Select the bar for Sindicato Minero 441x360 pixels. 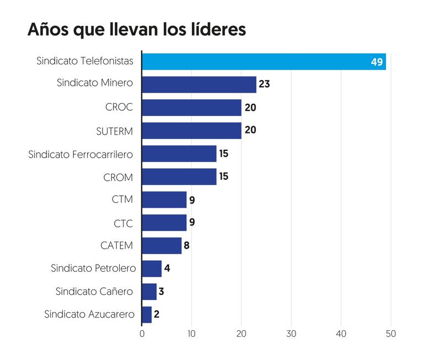pyautogui.click(x=199, y=84)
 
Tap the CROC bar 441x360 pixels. pyautogui.click(x=192, y=108)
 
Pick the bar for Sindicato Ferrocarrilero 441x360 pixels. pyautogui.click(x=179, y=154)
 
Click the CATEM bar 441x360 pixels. pyautogui.click(x=162, y=245)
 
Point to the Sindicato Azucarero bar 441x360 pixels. pyautogui.click(x=147, y=314)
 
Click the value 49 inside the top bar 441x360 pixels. pyautogui.click(x=377, y=62)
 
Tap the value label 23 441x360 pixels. pyautogui.click(x=265, y=84)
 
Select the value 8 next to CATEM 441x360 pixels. pyautogui.click(x=187, y=245)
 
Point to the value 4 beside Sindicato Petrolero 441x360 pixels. pyautogui.click(x=167, y=268)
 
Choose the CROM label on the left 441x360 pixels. pyautogui.click(x=118, y=177)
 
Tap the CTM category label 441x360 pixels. pyautogui.click(x=122, y=200)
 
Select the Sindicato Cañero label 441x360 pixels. pyautogui.click(x=94, y=291)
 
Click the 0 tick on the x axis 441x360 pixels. pyautogui.click(x=142, y=334)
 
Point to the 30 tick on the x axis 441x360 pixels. pyautogui.click(x=291, y=334)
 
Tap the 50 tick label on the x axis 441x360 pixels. pyautogui.click(x=391, y=334)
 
